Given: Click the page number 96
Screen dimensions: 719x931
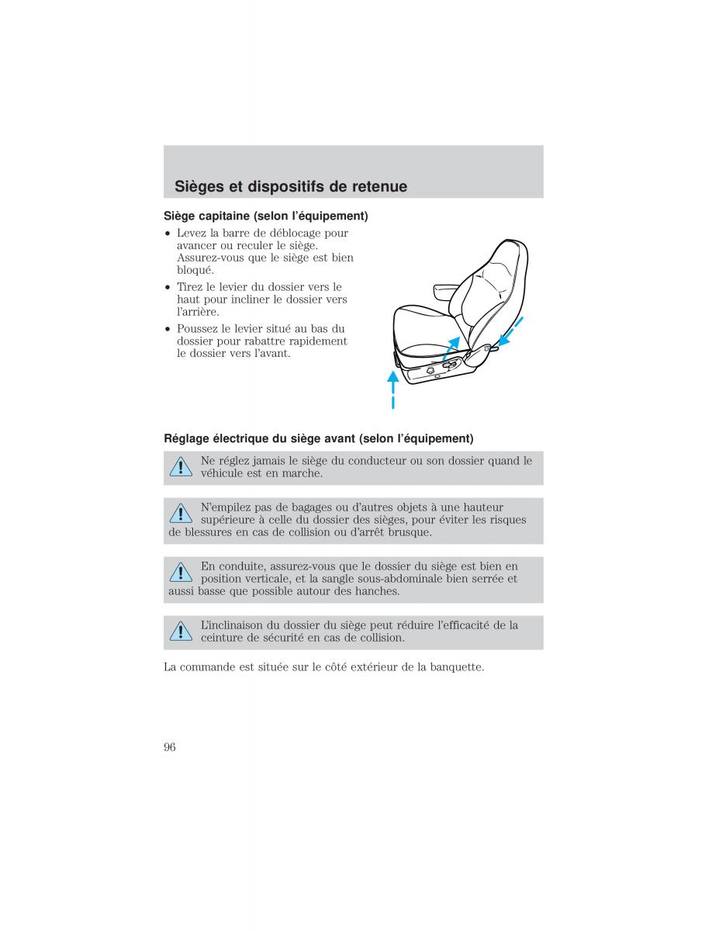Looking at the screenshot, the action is (x=170, y=747).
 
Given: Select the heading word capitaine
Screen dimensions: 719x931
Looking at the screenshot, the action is (x=224, y=216).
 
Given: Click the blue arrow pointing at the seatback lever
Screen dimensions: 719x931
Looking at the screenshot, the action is (x=511, y=331).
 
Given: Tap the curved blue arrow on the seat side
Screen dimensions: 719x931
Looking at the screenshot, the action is (x=451, y=348).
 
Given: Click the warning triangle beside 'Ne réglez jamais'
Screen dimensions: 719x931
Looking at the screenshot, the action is (x=181, y=466).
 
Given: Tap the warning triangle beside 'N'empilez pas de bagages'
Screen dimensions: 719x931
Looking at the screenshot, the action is (x=181, y=514).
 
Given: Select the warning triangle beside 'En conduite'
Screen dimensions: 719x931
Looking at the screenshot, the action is (x=181, y=572).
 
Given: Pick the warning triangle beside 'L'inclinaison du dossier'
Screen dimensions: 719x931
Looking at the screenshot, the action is (x=181, y=631).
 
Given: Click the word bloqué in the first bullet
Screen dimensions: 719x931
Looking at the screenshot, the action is (x=195, y=271).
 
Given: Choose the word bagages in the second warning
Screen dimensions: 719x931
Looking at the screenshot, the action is (x=311, y=507).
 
